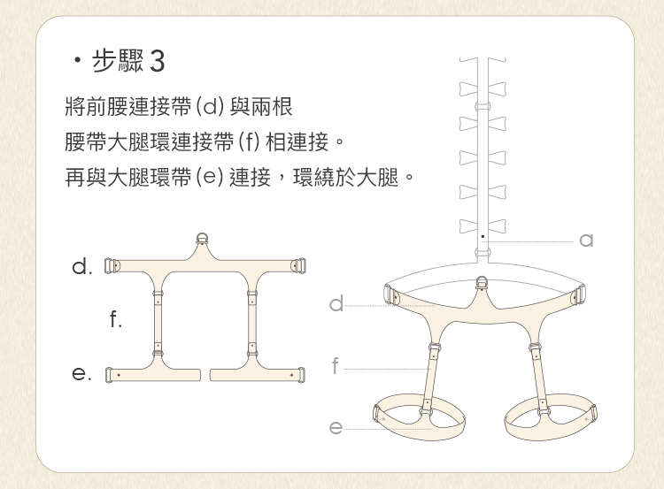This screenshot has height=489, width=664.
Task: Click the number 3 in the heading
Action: tap(157, 61)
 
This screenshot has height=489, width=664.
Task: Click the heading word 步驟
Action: tap(118, 60)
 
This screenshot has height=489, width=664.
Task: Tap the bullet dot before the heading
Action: tap(77, 60)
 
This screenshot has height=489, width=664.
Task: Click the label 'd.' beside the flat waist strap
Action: tap(82, 266)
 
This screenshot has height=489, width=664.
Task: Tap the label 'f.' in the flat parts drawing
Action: tap(115, 318)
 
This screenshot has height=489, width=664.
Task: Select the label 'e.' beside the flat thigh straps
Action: tap(81, 374)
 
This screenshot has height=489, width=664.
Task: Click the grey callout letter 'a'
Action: tap(586, 241)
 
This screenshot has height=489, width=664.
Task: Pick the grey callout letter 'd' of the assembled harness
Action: tap(336, 303)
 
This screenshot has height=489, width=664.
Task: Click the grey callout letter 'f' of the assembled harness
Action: tap(336, 365)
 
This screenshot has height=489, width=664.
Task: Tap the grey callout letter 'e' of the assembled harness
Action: tap(336, 427)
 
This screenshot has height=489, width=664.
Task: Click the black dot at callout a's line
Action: tap(483, 236)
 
